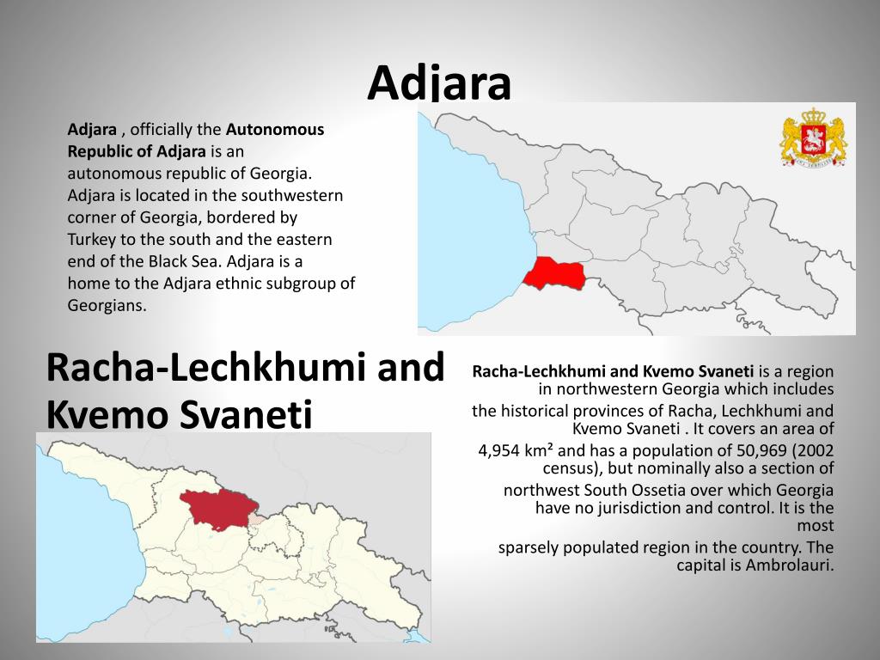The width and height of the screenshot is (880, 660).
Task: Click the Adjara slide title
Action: (439, 83)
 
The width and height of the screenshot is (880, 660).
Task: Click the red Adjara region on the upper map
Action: (554, 272)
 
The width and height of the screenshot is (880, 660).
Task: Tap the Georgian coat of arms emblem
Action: (813, 137)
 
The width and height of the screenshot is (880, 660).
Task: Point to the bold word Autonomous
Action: (275, 130)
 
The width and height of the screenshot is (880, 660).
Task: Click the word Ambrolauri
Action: (790, 565)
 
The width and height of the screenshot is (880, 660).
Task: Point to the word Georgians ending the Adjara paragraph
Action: (107, 305)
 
